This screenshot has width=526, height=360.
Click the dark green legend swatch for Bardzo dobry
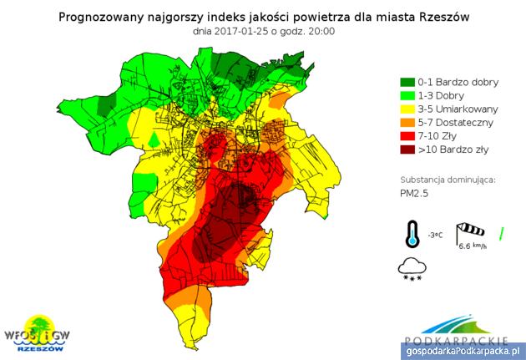(x=407, y=82)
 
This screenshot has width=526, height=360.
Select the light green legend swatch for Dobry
(x=407, y=95)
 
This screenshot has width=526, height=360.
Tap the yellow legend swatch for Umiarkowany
(x=407, y=109)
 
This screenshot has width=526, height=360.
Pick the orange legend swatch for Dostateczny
(x=407, y=122)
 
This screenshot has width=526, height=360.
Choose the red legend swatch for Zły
(x=407, y=136)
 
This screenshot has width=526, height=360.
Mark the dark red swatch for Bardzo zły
(x=407, y=150)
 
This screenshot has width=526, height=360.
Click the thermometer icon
(x=412, y=235)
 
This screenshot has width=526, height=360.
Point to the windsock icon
(x=470, y=232)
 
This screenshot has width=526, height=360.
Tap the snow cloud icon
(x=412, y=268)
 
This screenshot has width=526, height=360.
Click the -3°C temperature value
(x=435, y=236)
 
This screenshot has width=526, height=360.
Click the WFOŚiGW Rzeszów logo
(x=38, y=333)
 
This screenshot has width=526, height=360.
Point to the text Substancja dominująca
(x=448, y=179)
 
